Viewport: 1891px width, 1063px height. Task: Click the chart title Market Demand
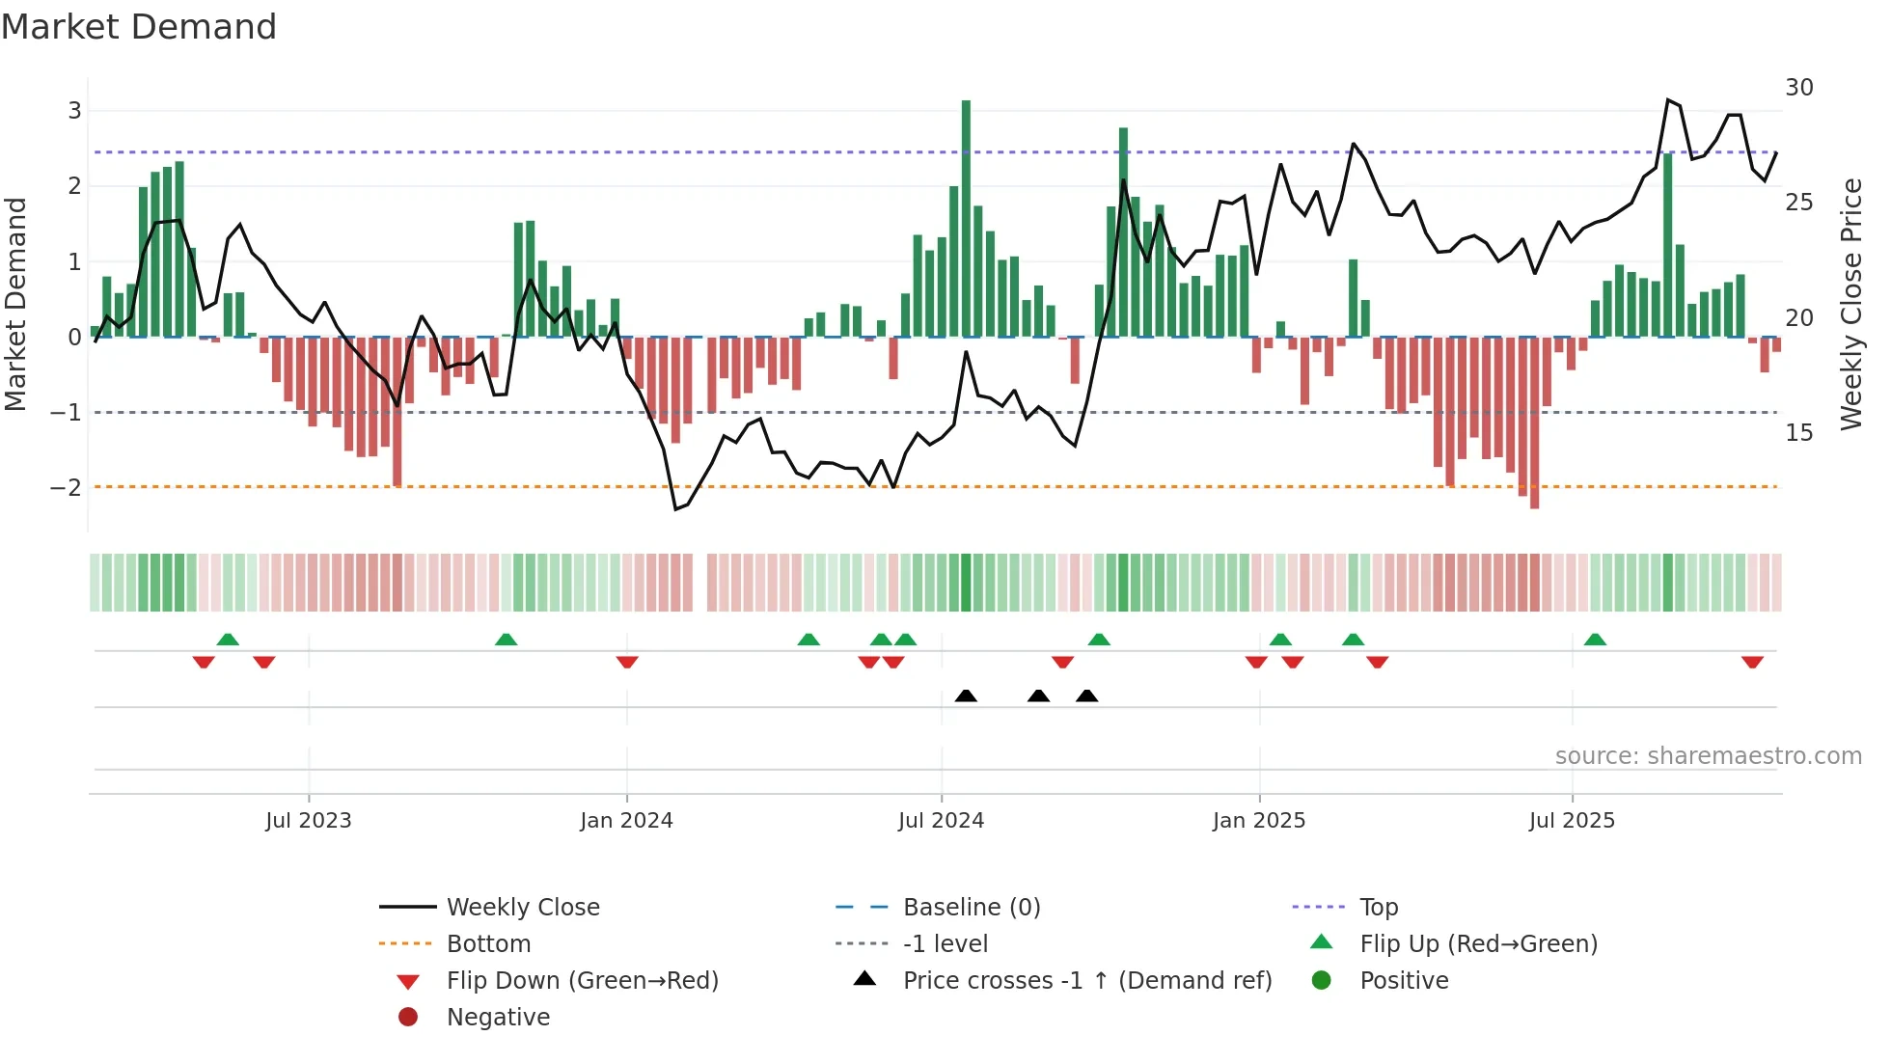(x=139, y=27)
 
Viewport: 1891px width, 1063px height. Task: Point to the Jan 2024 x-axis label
(x=626, y=821)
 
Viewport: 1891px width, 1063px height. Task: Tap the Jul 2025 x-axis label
(x=1572, y=821)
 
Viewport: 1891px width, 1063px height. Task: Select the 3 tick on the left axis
(x=74, y=110)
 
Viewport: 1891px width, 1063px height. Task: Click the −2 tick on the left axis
(x=66, y=487)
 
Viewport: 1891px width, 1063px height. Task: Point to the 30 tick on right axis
(x=1798, y=88)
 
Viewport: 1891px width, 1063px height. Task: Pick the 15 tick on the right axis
(x=1798, y=432)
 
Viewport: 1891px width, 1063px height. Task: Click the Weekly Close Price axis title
(x=1850, y=304)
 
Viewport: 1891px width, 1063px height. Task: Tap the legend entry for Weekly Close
(x=522, y=907)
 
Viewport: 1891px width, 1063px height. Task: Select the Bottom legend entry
(x=488, y=943)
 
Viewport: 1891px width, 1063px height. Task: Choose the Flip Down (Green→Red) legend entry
(x=582, y=980)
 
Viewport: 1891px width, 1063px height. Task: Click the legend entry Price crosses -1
(x=1086, y=980)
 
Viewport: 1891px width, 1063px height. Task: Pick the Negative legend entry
(x=498, y=1017)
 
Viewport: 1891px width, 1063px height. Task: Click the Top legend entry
(x=1378, y=907)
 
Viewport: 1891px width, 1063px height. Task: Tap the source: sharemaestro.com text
(x=1708, y=755)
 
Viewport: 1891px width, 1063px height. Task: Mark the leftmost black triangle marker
(x=966, y=695)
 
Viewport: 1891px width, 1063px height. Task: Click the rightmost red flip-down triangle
(x=1752, y=662)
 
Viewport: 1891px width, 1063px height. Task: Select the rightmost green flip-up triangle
(x=1595, y=640)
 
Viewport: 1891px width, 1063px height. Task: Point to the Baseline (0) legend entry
(x=971, y=907)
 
